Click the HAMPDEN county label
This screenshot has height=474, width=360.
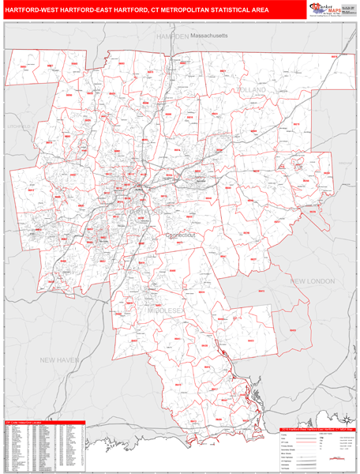[171, 36]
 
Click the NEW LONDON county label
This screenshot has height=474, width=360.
[312, 280]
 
